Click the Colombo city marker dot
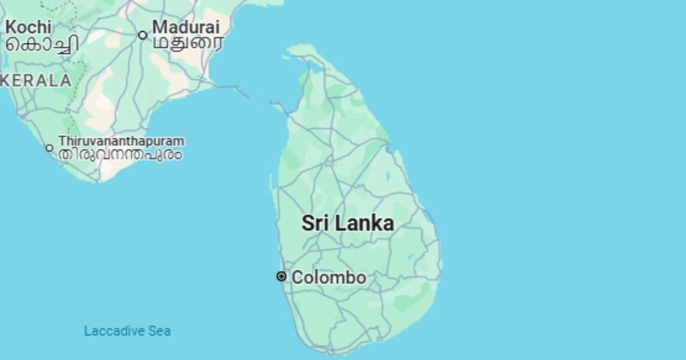click(x=281, y=277)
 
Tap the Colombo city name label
click(x=328, y=277)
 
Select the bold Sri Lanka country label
click(x=347, y=223)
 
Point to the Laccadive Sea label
click(x=127, y=331)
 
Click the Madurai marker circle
click(x=142, y=35)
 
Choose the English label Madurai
click(x=186, y=27)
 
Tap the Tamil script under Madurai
click(x=187, y=44)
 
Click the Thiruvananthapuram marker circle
click(x=49, y=148)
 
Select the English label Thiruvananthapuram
click(x=121, y=141)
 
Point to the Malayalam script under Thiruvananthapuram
click(x=120, y=155)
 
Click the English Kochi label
click(x=28, y=27)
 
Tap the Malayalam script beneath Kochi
click(x=42, y=44)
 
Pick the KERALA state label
click(x=36, y=81)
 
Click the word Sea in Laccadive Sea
click(x=159, y=331)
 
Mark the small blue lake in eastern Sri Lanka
click(x=388, y=176)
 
